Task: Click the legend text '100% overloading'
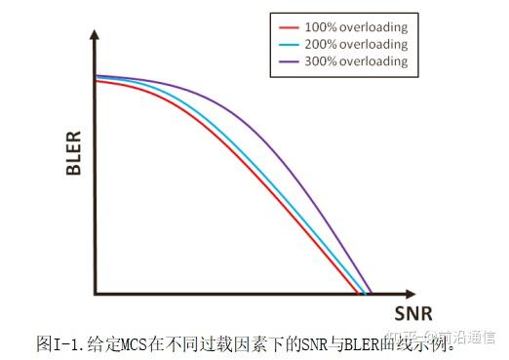[x=357, y=27]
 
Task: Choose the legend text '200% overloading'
[x=357, y=45]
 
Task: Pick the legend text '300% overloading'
[x=357, y=62]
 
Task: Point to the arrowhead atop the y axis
[x=95, y=34]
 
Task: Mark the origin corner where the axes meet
[x=96, y=293]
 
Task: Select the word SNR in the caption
[x=289, y=342]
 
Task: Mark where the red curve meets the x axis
[x=358, y=292]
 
